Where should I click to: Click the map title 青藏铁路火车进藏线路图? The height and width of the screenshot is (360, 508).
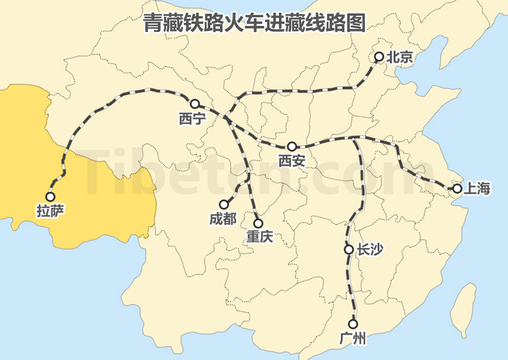tap(254, 23)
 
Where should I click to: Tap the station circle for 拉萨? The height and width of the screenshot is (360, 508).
tap(50, 196)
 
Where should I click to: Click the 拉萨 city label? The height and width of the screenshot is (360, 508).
tap(50, 210)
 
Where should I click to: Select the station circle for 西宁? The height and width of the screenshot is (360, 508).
tap(195, 104)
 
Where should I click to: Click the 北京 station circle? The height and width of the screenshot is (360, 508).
tap(378, 57)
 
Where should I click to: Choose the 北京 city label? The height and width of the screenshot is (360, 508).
tap(400, 57)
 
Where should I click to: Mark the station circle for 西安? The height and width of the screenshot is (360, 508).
tap(292, 147)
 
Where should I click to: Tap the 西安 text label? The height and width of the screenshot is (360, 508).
tap(292, 161)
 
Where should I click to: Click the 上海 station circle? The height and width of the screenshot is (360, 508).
tap(457, 188)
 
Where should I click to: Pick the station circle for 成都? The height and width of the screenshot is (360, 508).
tap(224, 205)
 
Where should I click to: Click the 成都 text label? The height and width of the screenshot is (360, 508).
tap(223, 219)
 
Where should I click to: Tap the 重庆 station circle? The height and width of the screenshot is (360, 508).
tap(258, 223)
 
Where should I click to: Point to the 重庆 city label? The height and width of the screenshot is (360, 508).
tap(259, 237)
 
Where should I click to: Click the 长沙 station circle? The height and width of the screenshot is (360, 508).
tap(348, 249)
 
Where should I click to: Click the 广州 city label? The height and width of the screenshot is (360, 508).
tap(353, 339)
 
